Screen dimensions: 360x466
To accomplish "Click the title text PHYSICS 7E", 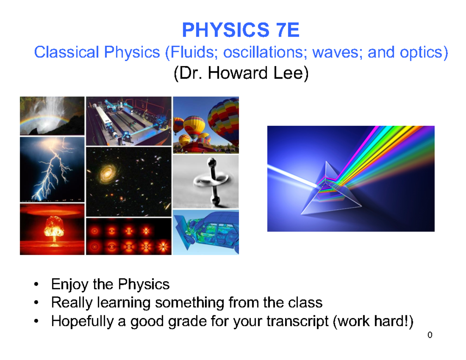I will [x=241, y=31].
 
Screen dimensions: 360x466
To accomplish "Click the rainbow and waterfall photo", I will [x=52, y=116].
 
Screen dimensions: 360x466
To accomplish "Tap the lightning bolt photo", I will [x=52, y=169].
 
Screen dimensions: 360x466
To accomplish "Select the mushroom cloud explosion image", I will [x=52, y=229].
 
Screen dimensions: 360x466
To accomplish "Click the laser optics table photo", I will [x=129, y=121].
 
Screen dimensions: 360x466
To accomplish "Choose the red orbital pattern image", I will [x=129, y=237].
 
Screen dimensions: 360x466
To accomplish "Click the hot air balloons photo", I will [x=206, y=124].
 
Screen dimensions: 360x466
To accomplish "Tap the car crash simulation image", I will [x=206, y=233].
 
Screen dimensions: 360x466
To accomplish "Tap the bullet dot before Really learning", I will [x=36, y=303].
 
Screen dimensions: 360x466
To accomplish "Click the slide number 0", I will [x=429, y=335].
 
